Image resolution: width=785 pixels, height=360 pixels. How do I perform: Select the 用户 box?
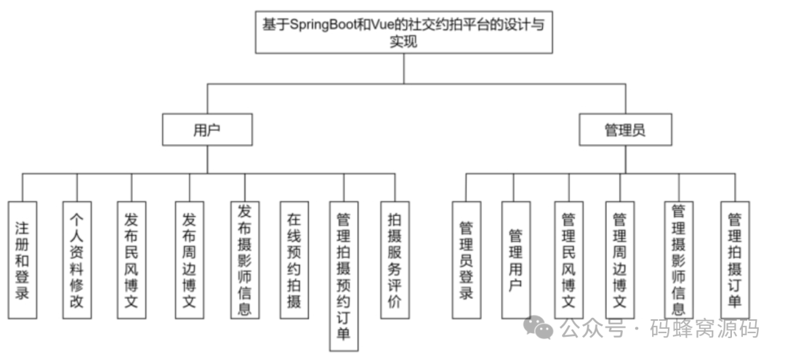(207, 130)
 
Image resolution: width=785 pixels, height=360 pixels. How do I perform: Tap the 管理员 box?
(625, 130)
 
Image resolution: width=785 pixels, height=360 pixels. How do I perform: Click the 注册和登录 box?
(22, 260)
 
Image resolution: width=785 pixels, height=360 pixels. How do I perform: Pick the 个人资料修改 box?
(76, 260)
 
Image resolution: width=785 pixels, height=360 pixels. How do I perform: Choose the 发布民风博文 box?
(132, 260)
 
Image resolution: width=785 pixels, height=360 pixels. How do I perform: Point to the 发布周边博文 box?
(189, 260)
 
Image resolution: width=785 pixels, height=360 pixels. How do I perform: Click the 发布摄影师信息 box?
(245, 260)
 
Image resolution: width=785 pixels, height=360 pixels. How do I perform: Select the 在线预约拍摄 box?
(294, 260)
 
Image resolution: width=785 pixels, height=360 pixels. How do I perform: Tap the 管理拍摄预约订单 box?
(344, 276)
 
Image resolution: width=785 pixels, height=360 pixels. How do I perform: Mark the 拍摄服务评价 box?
(395, 260)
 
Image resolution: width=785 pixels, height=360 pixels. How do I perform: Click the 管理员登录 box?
(466, 260)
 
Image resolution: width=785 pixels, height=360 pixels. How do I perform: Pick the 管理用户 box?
(515, 260)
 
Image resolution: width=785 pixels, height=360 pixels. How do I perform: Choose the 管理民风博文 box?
(568, 260)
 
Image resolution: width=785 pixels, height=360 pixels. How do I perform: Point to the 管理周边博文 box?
(620, 260)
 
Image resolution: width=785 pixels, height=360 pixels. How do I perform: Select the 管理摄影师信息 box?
(678, 260)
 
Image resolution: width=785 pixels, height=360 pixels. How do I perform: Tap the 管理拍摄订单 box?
(735, 260)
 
